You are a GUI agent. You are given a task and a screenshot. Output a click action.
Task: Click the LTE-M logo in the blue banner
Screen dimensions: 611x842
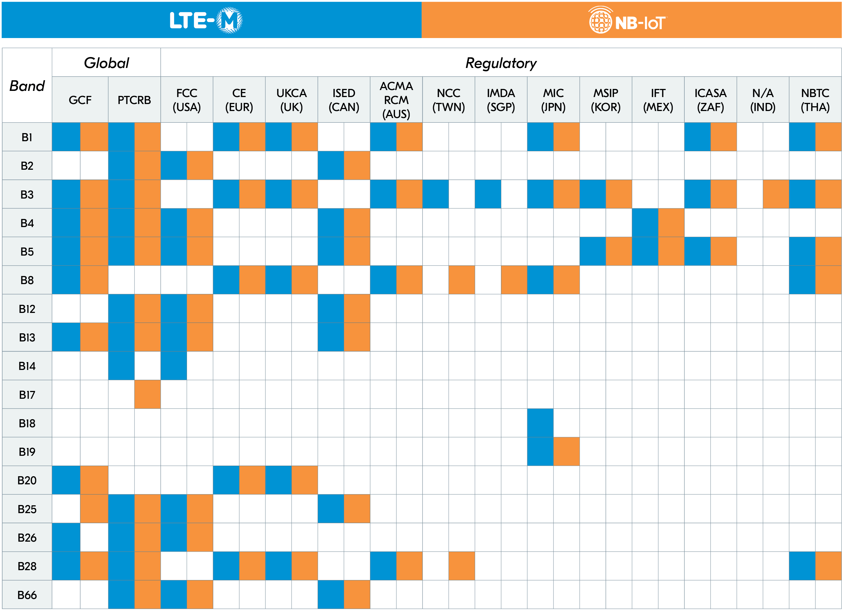(206, 20)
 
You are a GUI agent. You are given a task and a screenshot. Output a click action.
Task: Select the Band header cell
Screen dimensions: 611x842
(27, 86)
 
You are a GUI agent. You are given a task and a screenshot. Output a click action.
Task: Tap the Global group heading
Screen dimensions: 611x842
(106, 63)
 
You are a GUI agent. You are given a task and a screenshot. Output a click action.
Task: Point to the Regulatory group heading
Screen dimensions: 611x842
(501, 63)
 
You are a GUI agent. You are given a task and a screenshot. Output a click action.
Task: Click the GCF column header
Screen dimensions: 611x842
(80, 100)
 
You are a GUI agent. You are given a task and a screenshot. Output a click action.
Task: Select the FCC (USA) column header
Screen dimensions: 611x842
(187, 100)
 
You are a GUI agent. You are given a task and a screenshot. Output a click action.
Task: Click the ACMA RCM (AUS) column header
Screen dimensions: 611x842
(396, 100)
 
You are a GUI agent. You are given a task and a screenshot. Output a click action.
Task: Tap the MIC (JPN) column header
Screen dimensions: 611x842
(553, 100)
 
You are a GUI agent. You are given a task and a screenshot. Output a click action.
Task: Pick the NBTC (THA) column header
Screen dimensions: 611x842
(815, 100)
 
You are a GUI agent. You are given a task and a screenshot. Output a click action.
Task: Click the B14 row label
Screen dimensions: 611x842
(27, 366)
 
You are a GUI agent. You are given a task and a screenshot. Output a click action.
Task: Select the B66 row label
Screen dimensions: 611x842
(27, 595)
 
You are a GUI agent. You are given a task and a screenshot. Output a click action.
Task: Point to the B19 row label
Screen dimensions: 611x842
(27, 452)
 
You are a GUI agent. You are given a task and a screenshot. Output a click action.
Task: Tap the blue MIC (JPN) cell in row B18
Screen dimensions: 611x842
(540, 423)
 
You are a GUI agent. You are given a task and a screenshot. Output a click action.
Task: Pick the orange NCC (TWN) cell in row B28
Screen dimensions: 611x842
(462, 566)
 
